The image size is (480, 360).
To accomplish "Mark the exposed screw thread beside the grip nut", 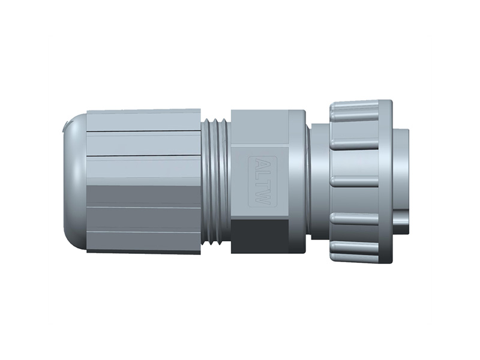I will click(x=215, y=180).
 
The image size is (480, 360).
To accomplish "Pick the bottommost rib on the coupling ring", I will click(x=354, y=249).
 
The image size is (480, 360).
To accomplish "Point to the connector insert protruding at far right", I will click(x=401, y=180).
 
